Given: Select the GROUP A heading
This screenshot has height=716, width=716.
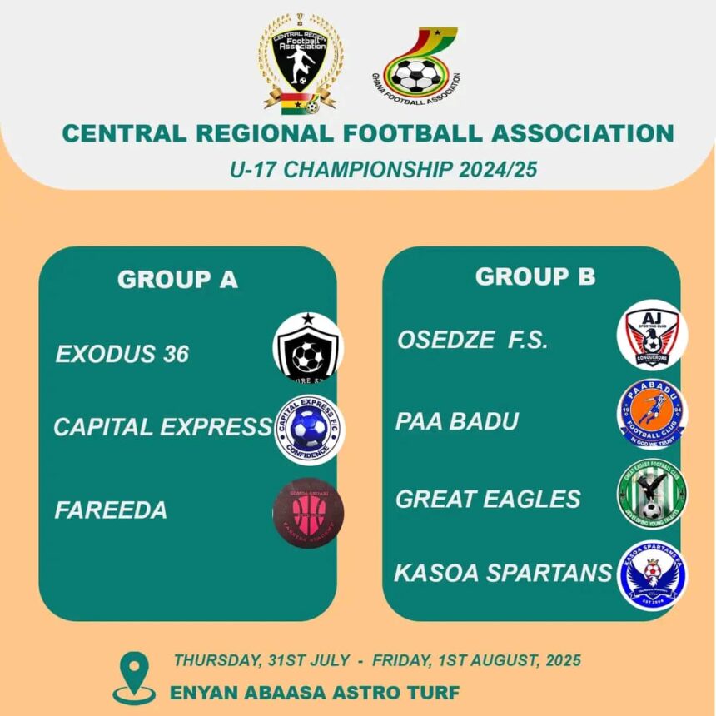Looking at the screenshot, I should [177, 280].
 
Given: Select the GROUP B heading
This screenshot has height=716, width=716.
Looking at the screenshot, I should [535, 276].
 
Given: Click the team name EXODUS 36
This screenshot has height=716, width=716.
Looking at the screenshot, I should [122, 354].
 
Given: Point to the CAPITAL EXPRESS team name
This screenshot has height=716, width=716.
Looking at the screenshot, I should [162, 427].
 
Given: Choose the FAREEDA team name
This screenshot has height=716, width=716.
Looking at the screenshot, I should [111, 510].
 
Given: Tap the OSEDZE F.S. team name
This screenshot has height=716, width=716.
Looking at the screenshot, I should [472, 341].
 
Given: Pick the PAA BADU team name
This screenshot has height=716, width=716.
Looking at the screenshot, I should [456, 421].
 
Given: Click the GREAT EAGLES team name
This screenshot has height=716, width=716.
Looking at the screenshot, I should [488, 499].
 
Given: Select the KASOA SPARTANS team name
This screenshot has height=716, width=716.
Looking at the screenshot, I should [503, 573].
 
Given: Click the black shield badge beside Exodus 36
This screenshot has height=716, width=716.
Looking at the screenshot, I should [307, 347].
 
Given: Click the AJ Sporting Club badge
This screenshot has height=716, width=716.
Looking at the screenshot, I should [652, 335].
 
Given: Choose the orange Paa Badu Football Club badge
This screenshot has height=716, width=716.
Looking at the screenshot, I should [652, 414].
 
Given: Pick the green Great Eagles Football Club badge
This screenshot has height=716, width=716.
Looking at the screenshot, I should [652, 495].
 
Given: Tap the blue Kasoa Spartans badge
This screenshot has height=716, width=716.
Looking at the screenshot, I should [652, 574].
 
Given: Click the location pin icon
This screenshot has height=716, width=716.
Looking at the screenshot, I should [133, 676].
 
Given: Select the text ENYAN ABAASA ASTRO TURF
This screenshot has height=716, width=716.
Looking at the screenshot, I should [314, 692].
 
